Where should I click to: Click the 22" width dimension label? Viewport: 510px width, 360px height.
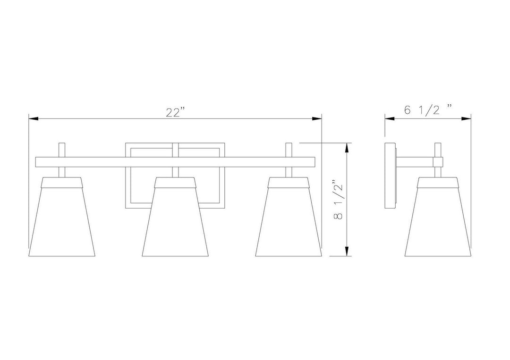(x=175, y=112)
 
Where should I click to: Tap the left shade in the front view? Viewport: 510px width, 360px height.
(x=62, y=217)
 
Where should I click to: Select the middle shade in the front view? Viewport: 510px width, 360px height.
(x=175, y=217)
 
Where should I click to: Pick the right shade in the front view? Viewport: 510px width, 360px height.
(x=288, y=217)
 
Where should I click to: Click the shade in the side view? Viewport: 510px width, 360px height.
(x=438, y=217)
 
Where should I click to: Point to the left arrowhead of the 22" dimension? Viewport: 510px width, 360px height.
(x=34, y=118)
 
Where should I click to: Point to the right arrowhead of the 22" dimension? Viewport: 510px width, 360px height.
(x=317, y=118)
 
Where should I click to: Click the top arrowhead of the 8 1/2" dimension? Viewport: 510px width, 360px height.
(x=348, y=148)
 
